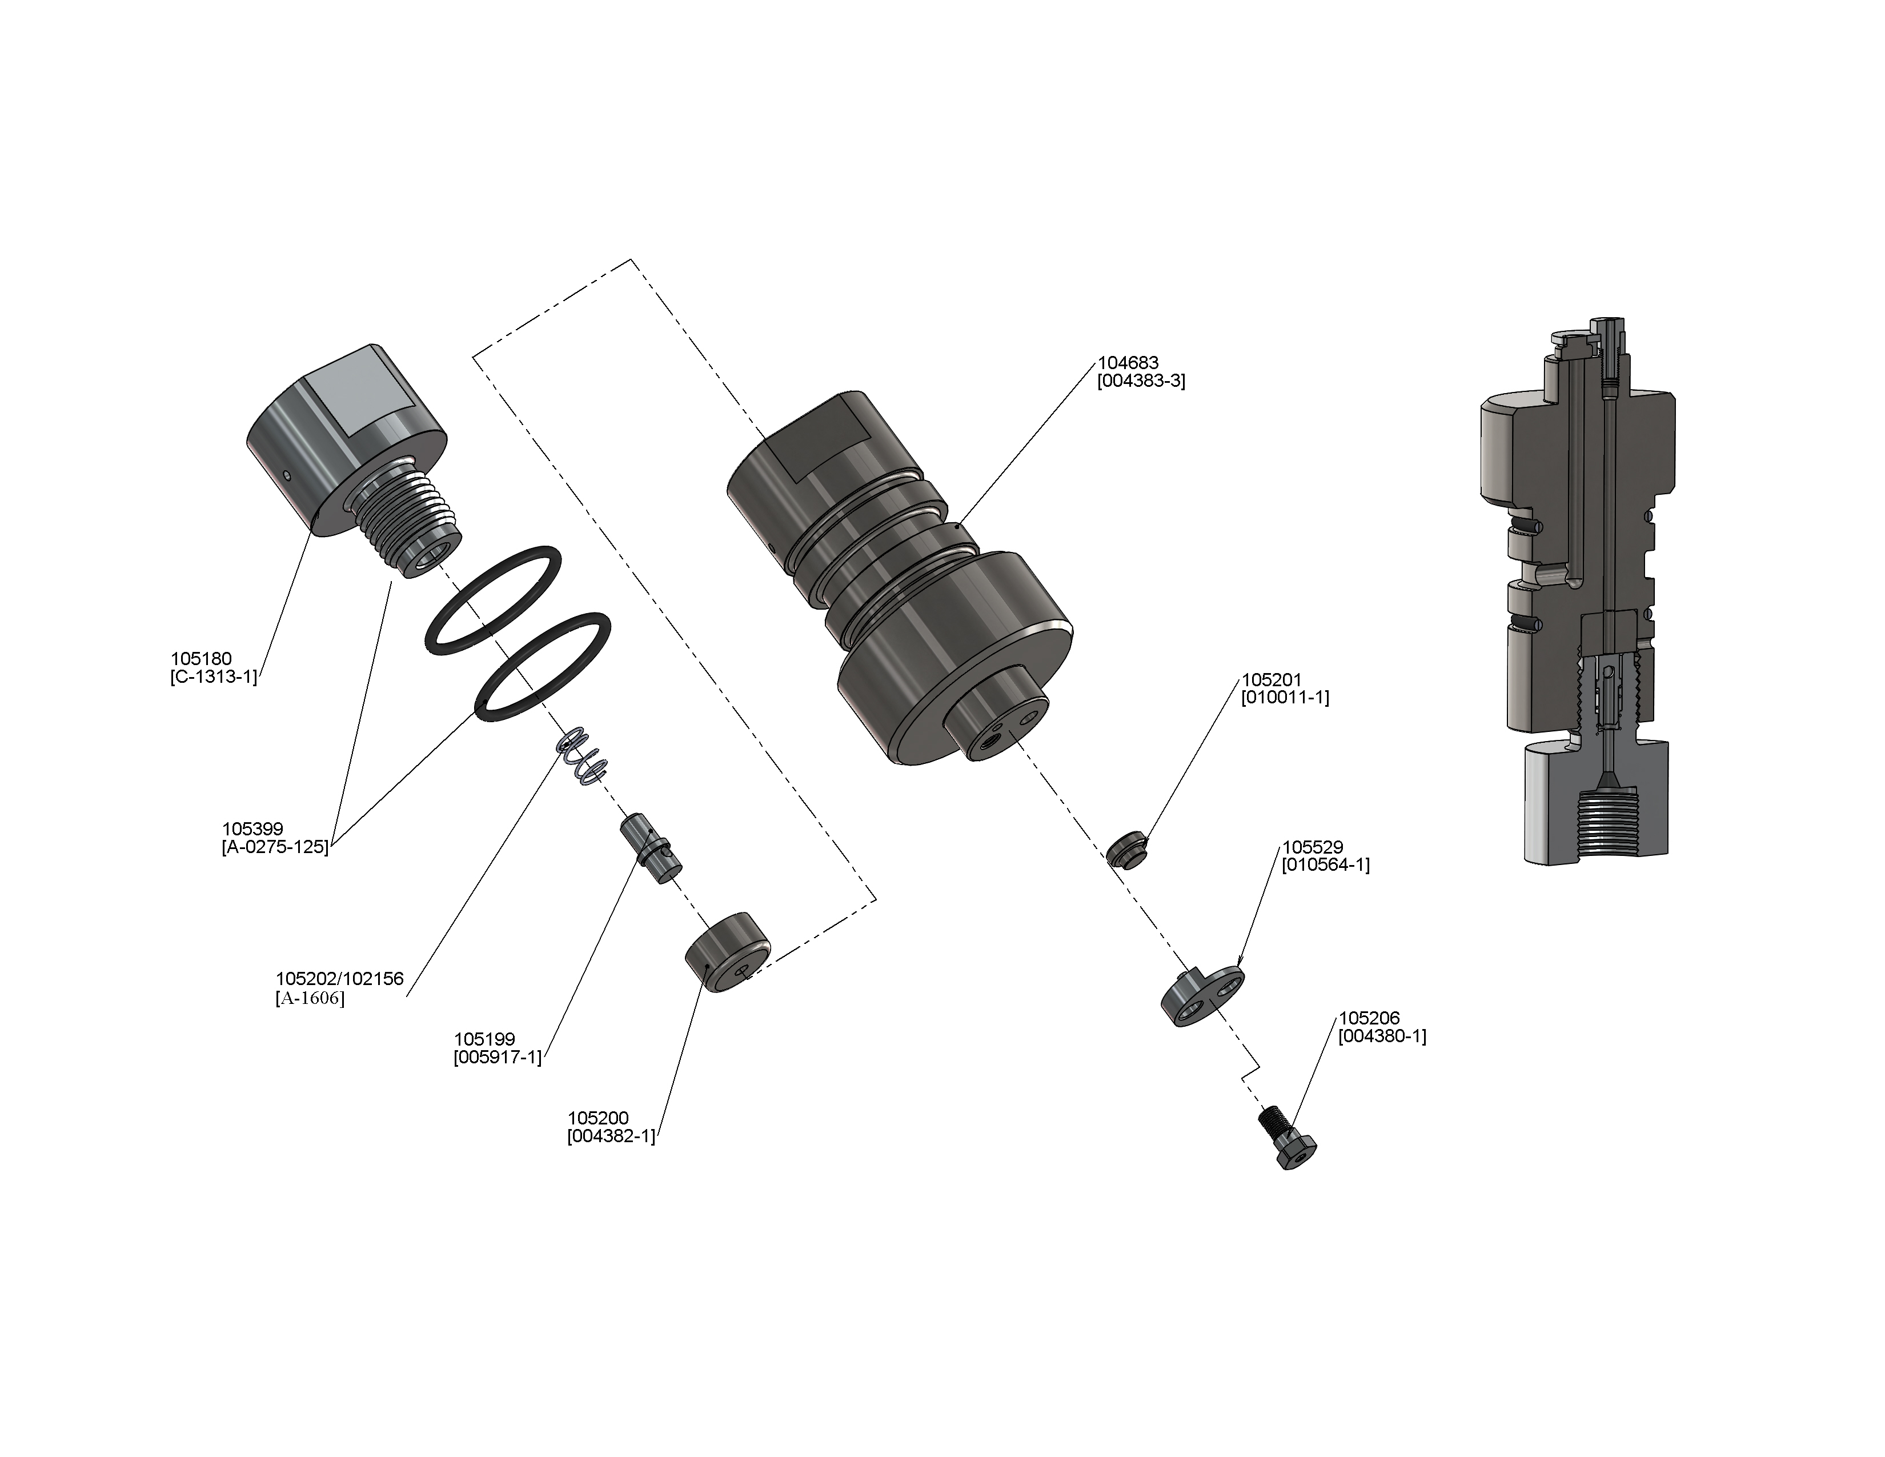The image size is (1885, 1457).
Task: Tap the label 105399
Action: tap(252, 830)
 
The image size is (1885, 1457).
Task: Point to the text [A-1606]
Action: tap(310, 999)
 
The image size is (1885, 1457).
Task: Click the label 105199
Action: tap(484, 1039)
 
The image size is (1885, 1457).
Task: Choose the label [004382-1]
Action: tap(611, 1137)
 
